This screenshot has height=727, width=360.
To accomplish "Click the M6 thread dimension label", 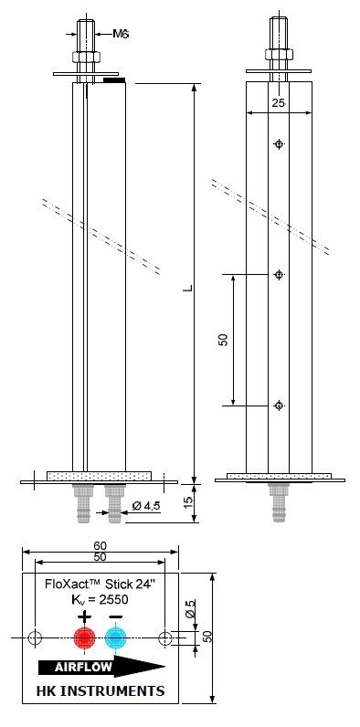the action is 121,34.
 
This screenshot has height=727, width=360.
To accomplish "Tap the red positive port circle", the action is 85,638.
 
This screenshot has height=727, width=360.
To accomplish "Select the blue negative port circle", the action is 115,638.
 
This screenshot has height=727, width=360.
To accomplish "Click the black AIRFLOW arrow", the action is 102,668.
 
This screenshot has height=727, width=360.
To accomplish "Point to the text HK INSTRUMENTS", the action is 101,690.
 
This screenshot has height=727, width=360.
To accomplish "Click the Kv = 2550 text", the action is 101,599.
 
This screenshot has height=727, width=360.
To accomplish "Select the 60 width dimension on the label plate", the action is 101,546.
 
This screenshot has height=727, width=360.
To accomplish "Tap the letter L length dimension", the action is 187,288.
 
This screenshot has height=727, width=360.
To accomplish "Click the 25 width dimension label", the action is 279,103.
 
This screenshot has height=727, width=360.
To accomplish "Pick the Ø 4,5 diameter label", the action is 145,506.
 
